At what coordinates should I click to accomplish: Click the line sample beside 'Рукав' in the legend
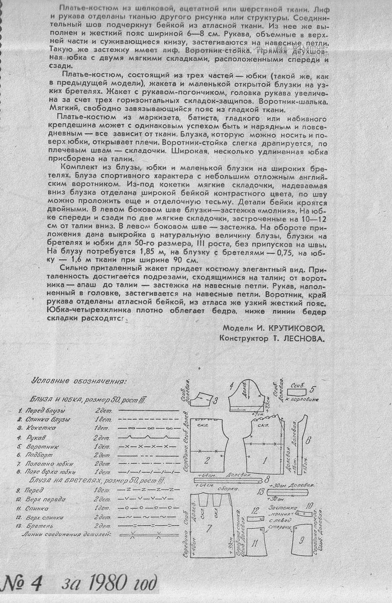(150, 437)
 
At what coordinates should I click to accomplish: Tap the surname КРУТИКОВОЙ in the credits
(293, 328)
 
